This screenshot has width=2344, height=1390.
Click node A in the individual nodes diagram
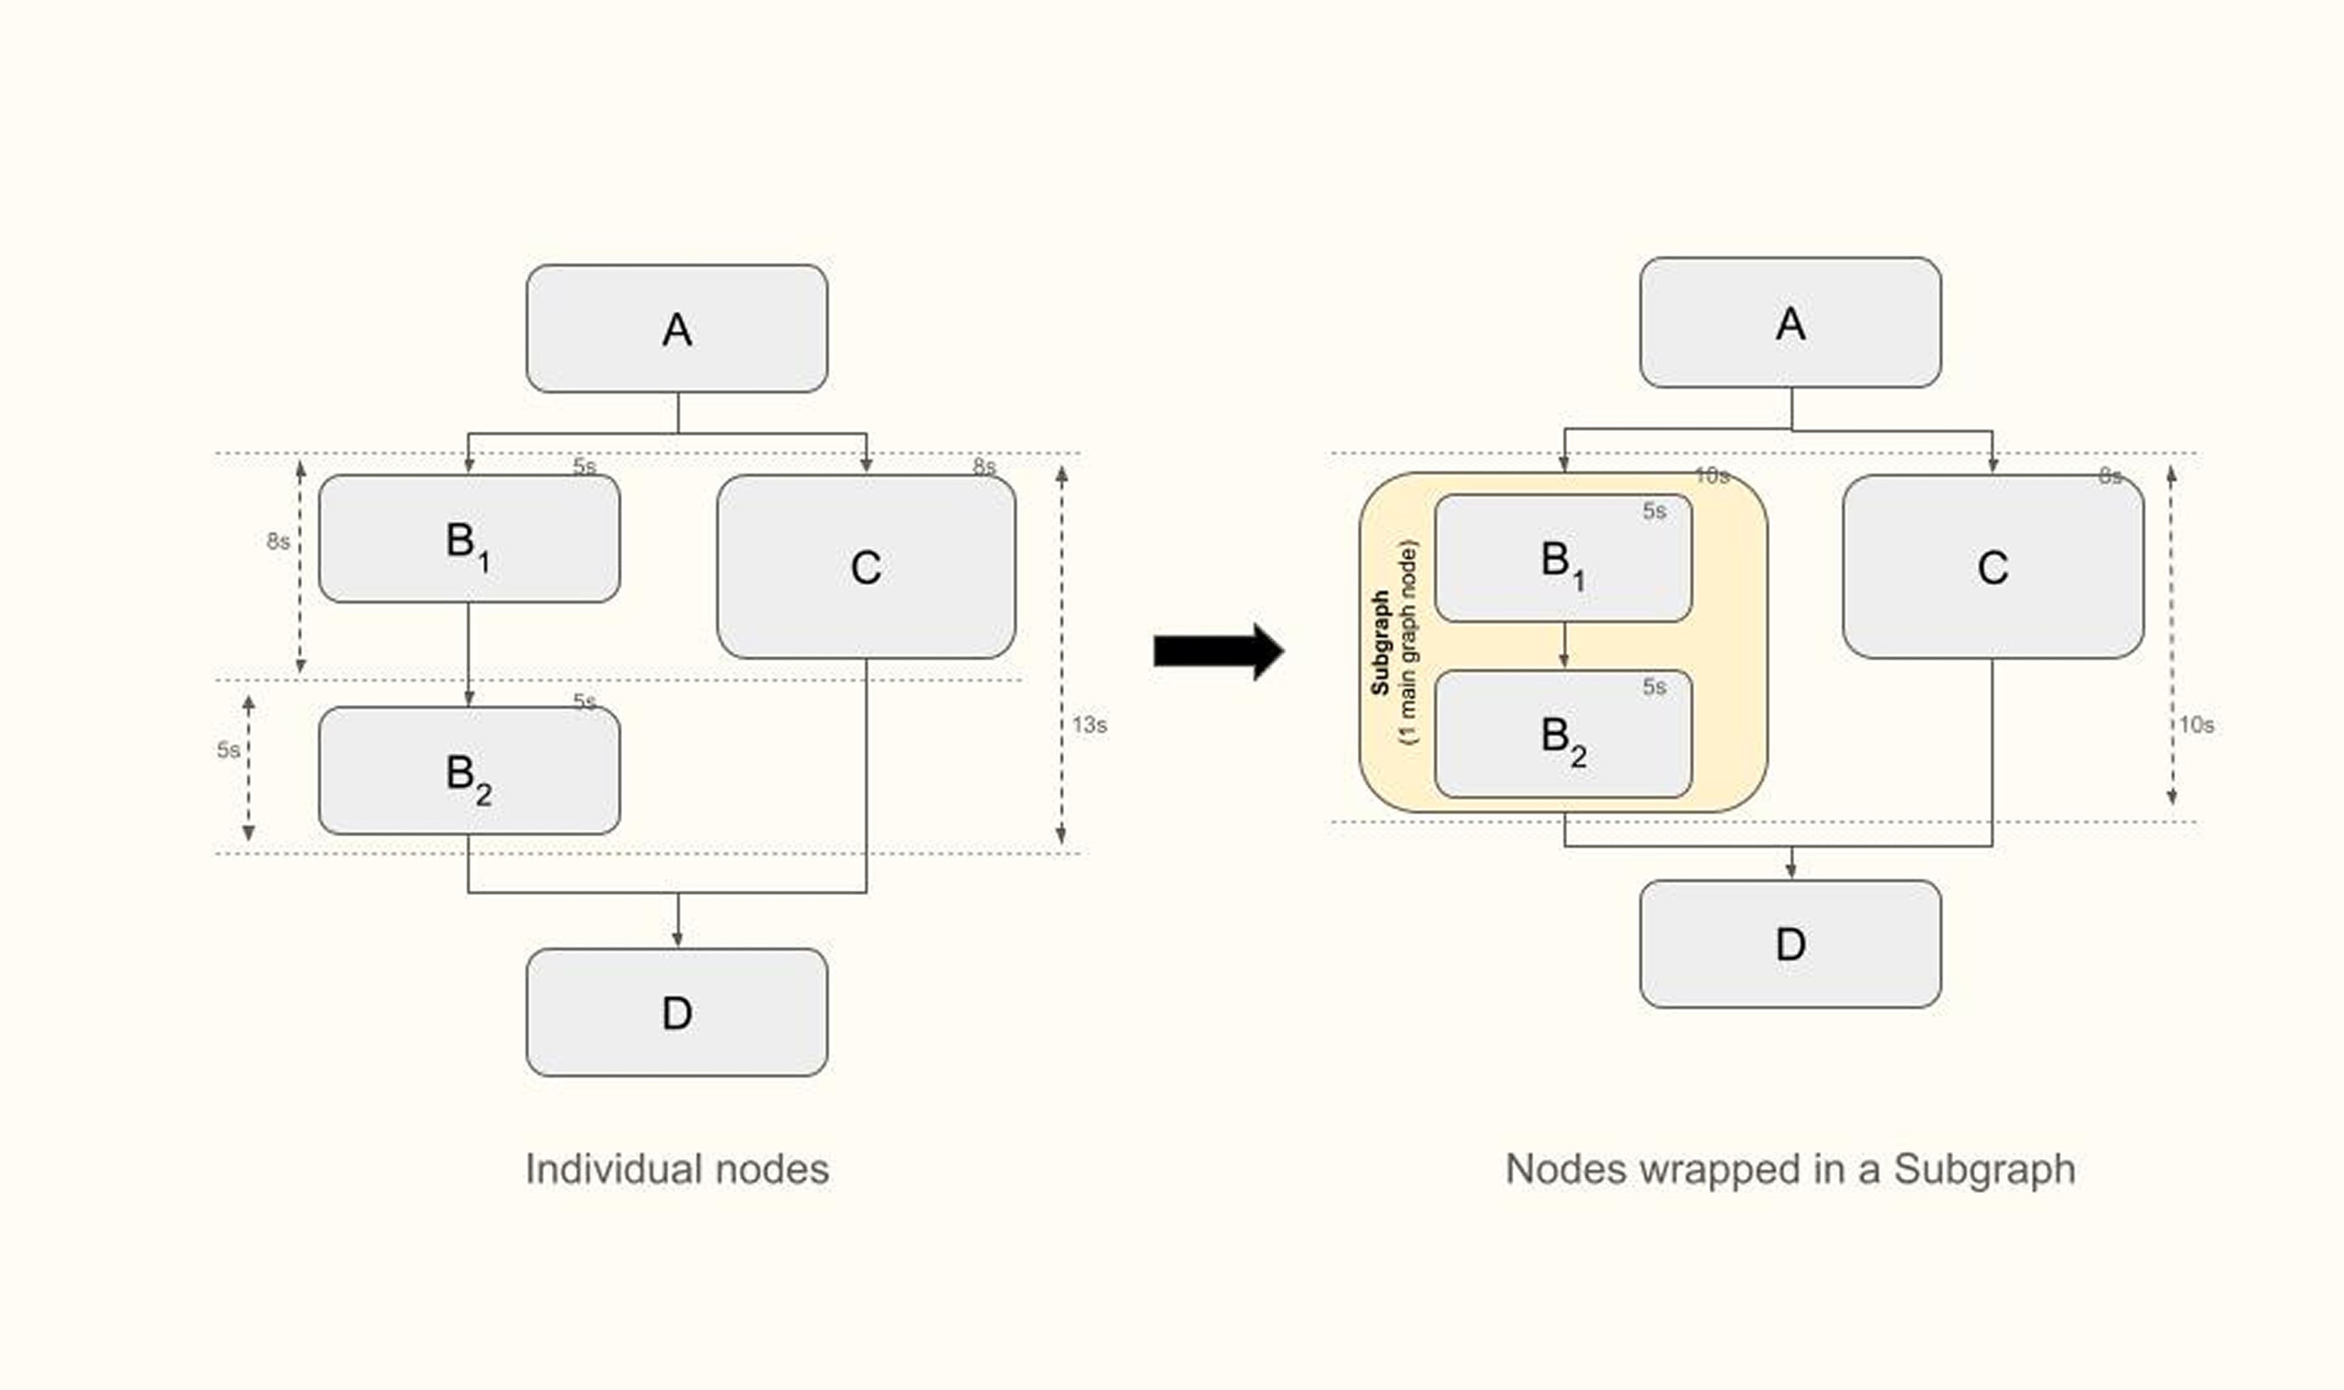676,329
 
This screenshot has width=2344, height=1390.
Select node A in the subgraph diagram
1790,323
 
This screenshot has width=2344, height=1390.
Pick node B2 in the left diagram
468,771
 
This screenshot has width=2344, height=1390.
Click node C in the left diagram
866,566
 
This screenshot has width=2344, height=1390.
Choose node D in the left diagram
676,1013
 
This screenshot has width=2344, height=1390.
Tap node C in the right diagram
1992,566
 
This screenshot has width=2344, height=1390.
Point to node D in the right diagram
1790,944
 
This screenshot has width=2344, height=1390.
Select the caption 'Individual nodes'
676,1169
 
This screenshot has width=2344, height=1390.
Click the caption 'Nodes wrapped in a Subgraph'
1790,1169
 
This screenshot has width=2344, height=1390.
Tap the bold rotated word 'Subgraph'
1380,643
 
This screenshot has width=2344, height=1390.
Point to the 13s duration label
1089,725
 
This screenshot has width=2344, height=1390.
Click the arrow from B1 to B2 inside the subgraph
1563,645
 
